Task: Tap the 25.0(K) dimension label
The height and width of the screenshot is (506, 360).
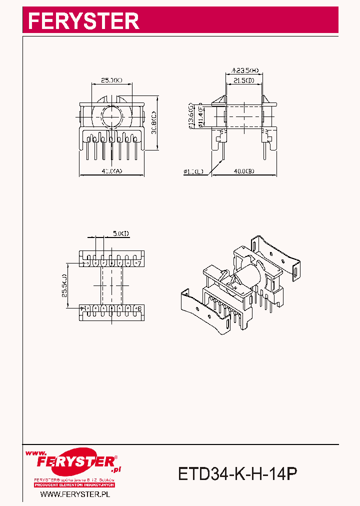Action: pyautogui.click(x=111, y=80)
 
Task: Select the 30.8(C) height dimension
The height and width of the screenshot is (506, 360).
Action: pyautogui.click(x=154, y=122)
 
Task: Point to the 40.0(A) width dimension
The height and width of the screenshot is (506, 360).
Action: pyautogui.click(x=112, y=171)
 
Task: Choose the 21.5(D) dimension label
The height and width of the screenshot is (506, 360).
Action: pyautogui.click(x=244, y=80)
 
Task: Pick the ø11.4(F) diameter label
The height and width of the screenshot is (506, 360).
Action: pyautogui.click(x=199, y=116)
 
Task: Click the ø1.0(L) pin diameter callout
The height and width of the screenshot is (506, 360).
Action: pyautogui.click(x=193, y=171)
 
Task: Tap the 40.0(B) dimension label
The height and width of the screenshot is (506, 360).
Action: pyautogui.click(x=244, y=171)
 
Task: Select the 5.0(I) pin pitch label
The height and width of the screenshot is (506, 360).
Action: pyautogui.click(x=120, y=233)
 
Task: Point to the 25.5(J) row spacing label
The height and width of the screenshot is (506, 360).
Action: pyautogui.click(x=65, y=285)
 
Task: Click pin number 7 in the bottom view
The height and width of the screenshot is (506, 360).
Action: pyautogui.click(x=139, y=263)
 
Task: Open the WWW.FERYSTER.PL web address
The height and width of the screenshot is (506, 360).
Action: pyautogui.click(x=75, y=494)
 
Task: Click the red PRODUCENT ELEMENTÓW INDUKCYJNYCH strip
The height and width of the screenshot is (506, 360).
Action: pyautogui.click(x=75, y=485)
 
